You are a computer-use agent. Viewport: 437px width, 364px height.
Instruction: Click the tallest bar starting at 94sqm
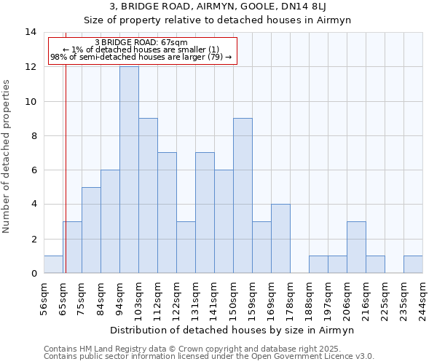[129, 170]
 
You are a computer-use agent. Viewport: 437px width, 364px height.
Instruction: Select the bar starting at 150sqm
[243, 196]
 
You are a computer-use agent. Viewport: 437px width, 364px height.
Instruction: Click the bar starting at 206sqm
[356, 248]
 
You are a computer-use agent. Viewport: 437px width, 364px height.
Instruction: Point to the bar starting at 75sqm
[91, 230]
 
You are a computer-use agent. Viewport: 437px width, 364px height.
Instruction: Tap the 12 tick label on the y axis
[31, 67]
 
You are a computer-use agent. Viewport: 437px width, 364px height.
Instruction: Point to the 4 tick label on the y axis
[34, 205]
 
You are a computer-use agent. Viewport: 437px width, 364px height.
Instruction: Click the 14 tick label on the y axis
[31, 32]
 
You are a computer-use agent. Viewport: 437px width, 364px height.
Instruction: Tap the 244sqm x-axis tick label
[423, 295]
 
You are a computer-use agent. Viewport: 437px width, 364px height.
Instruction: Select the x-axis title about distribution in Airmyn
[233, 330]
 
